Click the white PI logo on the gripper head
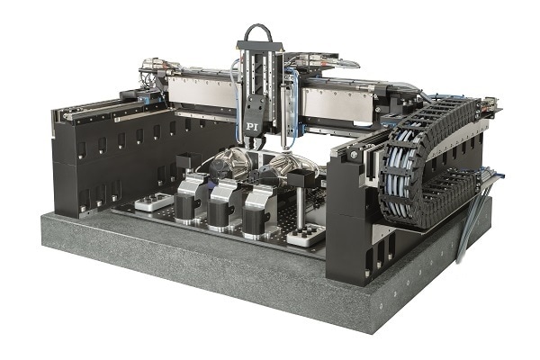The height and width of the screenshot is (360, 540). click(x=252, y=126)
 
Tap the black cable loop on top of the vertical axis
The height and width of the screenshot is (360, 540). click(x=258, y=30)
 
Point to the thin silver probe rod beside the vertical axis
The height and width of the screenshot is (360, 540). click(x=283, y=117)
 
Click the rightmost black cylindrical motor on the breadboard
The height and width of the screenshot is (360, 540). click(x=255, y=222)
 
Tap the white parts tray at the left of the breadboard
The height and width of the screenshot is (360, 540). click(x=154, y=202)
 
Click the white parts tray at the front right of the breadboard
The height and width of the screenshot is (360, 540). click(x=306, y=235)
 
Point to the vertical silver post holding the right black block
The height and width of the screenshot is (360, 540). click(x=301, y=206)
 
